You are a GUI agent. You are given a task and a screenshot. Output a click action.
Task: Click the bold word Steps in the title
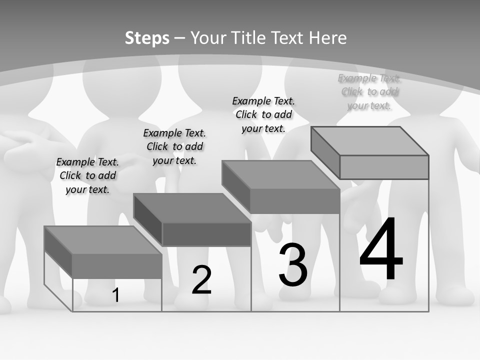click(x=147, y=38)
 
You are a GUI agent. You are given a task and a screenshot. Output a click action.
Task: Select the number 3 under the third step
click(x=293, y=265)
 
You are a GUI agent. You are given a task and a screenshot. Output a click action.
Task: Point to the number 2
click(x=201, y=280)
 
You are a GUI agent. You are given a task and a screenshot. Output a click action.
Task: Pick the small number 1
click(x=116, y=295)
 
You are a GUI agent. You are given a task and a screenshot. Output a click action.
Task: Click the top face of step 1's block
click(x=102, y=240)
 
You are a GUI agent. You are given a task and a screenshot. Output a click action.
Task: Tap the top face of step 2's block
click(x=192, y=208)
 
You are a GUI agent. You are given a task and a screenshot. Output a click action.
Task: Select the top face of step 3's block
click(x=280, y=175)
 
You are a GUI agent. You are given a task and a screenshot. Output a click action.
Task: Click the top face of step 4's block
click(x=370, y=141)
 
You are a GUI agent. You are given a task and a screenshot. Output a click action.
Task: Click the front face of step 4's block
click(x=384, y=167)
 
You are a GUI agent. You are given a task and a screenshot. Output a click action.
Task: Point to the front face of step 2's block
click(x=206, y=234)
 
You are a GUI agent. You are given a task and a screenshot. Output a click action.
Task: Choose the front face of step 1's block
click(x=117, y=266)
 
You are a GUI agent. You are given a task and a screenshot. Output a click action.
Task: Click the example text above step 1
click(x=87, y=175)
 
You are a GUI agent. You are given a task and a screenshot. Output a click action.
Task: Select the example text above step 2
click(x=174, y=146)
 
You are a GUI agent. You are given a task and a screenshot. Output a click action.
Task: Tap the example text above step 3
click(x=263, y=114)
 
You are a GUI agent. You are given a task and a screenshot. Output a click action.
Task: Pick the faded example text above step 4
click(x=369, y=91)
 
